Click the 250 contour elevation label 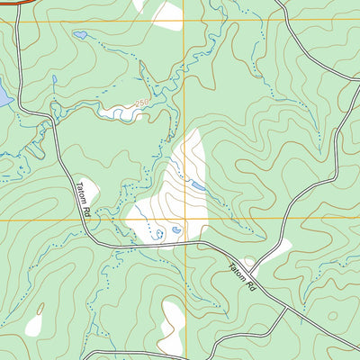141,104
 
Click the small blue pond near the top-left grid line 80,35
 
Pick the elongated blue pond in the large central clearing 195,186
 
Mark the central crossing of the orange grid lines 186,218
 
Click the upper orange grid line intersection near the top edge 186,22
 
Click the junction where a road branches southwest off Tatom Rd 286,308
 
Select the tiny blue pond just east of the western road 55,79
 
